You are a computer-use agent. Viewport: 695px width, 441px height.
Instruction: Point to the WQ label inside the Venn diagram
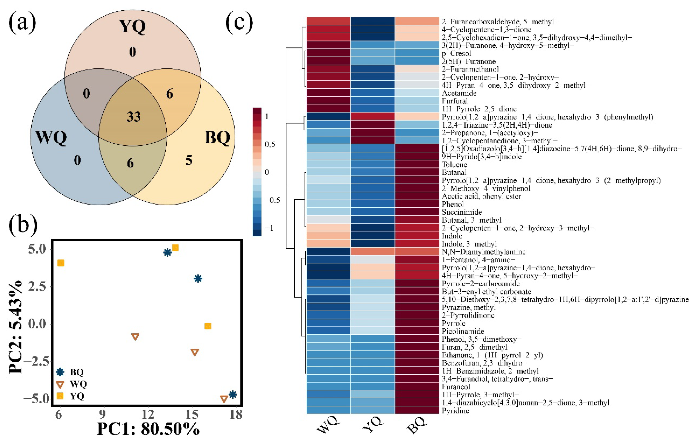[x=51, y=137]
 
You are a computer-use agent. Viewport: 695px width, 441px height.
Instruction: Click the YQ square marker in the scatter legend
[x=60, y=396]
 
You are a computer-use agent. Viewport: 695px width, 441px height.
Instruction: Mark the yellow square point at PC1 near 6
[x=61, y=263]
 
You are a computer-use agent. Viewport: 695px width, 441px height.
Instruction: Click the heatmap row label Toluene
[x=454, y=165]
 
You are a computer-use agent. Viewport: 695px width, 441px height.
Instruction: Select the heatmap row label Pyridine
[x=455, y=410]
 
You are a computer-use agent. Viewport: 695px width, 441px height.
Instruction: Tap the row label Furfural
[x=455, y=101]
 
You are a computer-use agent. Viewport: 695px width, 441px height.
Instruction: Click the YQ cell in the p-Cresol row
[x=373, y=53]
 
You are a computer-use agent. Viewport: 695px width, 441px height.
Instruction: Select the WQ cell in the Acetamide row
[x=329, y=93]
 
